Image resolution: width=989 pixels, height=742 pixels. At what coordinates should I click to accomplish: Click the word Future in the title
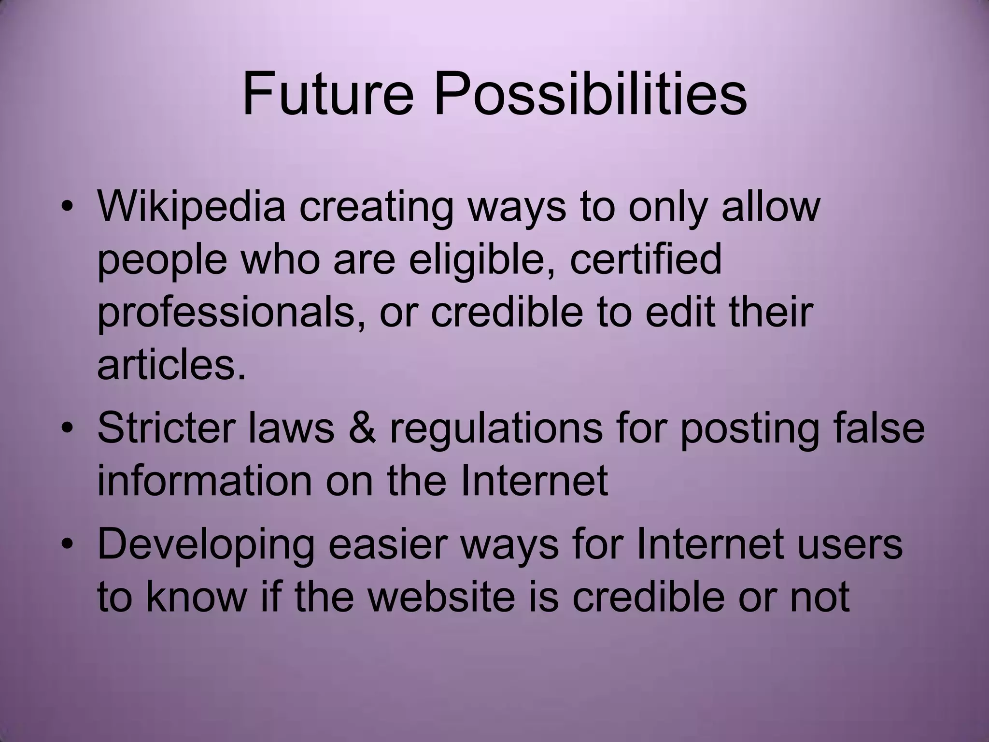pyautogui.click(x=328, y=94)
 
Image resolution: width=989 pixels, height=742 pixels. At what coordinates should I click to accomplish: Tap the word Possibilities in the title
pyautogui.click(x=591, y=94)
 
